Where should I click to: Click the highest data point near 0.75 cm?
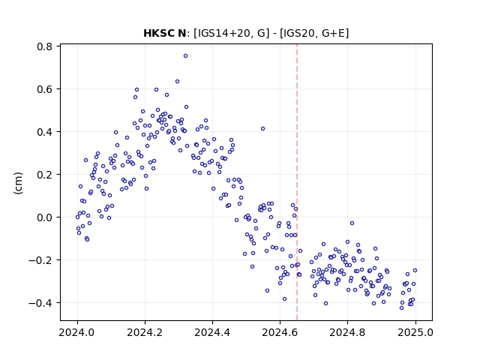185,56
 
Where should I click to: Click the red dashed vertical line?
297,182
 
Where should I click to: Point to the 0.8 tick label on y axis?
44,46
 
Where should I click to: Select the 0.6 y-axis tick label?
44,89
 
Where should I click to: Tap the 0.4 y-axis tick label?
44,132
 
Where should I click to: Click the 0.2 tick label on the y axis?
44,175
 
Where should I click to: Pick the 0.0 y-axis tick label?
44,217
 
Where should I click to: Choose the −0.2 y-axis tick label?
40,260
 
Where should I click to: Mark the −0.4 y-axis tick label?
40,303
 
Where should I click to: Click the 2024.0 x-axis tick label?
77,332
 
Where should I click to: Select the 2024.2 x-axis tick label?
145,332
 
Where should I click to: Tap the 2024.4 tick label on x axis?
212,332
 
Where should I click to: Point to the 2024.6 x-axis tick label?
280,332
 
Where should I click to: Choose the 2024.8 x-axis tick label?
347,332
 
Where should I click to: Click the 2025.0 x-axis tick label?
415,332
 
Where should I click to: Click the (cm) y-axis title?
18,183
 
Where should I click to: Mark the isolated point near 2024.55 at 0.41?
262,129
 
